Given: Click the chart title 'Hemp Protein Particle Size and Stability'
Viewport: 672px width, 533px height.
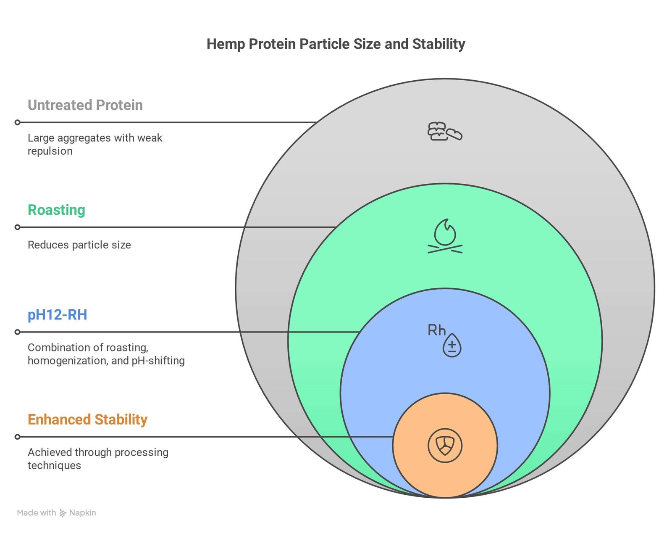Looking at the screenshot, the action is (x=336, y=44).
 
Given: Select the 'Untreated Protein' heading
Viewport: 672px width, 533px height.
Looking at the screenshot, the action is (x=85, y=105).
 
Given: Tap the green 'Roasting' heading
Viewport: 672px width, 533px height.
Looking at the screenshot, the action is (x=57, y=210).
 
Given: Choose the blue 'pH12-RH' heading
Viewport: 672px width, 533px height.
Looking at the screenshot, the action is (x=58, y=314).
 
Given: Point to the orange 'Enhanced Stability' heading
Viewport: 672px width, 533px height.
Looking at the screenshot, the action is (x=87, y=420).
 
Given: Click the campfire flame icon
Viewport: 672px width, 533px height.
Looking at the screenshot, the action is (x=445, y=236).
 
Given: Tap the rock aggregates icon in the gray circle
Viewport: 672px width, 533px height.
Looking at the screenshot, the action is (x=445, y=131).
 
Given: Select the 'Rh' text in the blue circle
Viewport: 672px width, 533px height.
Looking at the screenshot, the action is (x=436, y=330).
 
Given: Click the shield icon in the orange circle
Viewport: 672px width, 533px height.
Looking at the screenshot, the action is (x=445, y=446).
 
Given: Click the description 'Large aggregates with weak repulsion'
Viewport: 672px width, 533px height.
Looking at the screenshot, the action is (x=95, y=145).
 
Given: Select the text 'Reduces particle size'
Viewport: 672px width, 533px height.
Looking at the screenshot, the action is (x=79, y=245).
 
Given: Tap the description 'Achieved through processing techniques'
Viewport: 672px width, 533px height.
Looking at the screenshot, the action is (x=98, y=459).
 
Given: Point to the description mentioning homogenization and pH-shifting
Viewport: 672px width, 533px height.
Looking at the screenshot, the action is (x=106, y=354).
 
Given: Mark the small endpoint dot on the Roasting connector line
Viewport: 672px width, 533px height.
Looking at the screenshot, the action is (x=18, y=227).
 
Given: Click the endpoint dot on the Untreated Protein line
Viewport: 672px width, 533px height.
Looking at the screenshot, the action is (x=18, y=123).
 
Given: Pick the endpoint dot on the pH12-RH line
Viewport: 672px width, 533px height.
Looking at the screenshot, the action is (x=18, y=332).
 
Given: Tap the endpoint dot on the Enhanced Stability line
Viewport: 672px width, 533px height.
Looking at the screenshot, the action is (x=18, y=437).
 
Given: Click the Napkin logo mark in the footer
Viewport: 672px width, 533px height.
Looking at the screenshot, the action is (x=63, y=513).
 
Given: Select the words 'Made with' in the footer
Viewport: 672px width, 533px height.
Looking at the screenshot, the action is (x=37, y=513).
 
